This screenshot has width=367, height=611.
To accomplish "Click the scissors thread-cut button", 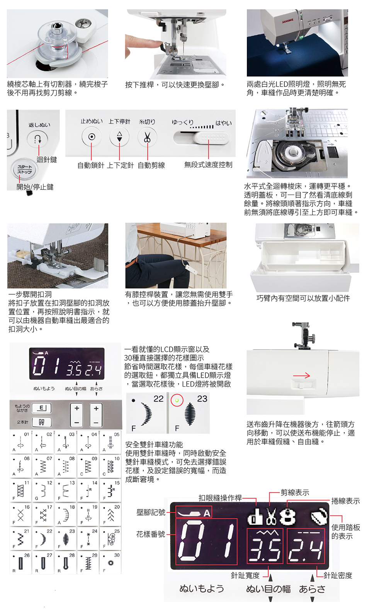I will click(147, 137).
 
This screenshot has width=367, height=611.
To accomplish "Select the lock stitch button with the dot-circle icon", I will click(92, 137).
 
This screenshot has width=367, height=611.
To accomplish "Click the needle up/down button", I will click(119, 137).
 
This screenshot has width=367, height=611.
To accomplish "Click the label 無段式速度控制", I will click(208, 165).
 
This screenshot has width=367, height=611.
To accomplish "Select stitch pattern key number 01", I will click(21, 442).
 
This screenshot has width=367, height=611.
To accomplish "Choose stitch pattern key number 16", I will click(21, 514).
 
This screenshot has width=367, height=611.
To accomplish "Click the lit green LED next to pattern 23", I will click(177, 401).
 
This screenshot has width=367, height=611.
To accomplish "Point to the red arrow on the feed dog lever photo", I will click(301, 375).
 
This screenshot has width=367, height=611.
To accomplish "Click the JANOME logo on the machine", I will click(287, 20).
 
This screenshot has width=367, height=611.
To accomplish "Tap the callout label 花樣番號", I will click(151, 534).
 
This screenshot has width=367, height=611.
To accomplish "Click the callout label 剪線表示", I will click(295, 492).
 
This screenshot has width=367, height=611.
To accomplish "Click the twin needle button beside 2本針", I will click(41, 422).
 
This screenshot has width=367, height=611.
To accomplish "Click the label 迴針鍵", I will click(47, 160).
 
